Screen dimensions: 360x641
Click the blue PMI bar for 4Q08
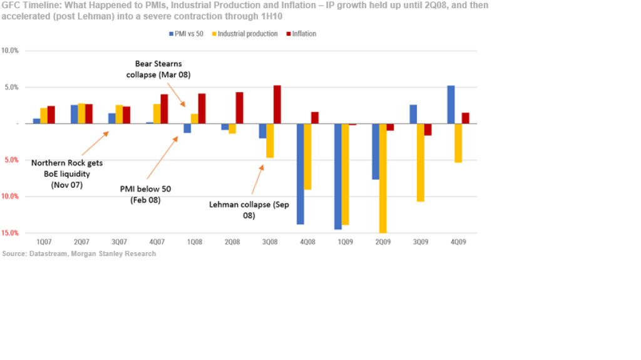pyautogui.click(x=300, y=173)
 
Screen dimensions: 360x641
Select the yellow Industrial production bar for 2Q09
pyautogui.click(x=382, y=178)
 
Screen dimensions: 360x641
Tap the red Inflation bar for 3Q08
pyautogui.click(x=277, y=105)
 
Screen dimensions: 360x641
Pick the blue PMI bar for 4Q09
pyautogui.click(x=451, y=105)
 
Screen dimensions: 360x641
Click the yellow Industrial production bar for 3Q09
pyautogui.click(x=421, y=162)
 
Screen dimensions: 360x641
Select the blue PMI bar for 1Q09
pyautogui.click(x=338, y=176)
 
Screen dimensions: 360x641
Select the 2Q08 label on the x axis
pyautogui.click(x=232, y=242)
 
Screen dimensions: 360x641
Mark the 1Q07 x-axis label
pyautogui.click(x=44, y=242)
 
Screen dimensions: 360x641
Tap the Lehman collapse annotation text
pyautogui.click(x=249, y=209)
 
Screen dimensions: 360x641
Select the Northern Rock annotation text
pyautogui.click(x=67, y=173)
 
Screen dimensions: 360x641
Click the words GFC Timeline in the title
pyautogui.click(x=28, y=5)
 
